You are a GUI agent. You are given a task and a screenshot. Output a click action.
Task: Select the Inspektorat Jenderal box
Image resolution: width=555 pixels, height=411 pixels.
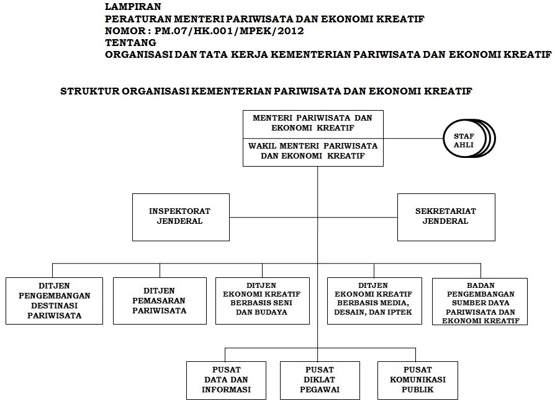(181, 216)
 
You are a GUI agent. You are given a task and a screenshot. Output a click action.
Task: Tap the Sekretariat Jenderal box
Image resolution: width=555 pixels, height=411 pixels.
(446, 216)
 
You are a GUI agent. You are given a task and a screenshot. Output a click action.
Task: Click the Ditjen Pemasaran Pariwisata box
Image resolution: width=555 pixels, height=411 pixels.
(160, 300)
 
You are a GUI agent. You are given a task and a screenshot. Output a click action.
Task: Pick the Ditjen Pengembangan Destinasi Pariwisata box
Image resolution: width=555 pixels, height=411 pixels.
(54, 300)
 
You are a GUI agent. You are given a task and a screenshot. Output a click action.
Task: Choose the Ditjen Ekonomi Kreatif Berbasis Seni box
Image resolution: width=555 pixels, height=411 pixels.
(262, 300)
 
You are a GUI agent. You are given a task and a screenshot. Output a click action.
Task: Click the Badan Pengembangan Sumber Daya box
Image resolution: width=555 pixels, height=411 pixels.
(480, 301)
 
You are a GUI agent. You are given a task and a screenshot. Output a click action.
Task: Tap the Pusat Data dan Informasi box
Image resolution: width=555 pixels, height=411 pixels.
(226, 380)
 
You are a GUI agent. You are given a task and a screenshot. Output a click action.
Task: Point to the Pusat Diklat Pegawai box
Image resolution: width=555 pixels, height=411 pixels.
(318, 380)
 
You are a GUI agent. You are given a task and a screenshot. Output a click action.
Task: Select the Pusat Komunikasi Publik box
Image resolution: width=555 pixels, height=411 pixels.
(417, 380)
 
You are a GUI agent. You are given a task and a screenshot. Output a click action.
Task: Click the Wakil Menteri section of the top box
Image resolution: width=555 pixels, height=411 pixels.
(313, 151)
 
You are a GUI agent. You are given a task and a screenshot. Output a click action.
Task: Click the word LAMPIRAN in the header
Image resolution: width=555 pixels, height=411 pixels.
(129, 7)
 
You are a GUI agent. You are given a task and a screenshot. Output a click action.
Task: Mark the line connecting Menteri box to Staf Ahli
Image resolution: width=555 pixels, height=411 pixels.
(413, 138)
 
